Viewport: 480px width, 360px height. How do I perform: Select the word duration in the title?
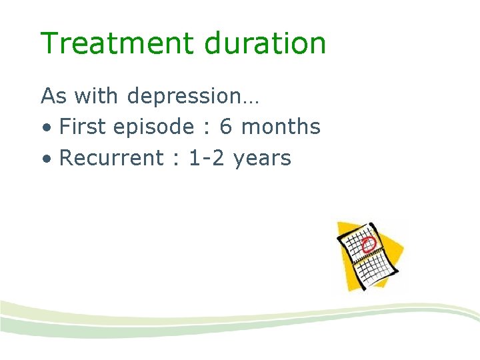point(265,44)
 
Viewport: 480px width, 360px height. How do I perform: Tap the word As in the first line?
point(54,96)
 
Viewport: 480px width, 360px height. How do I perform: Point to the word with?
point(97,96)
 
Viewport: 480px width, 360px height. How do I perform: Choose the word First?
point(82,127)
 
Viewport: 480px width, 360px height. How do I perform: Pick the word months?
point(281,127)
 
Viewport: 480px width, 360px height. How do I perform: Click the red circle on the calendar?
point(368,243)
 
